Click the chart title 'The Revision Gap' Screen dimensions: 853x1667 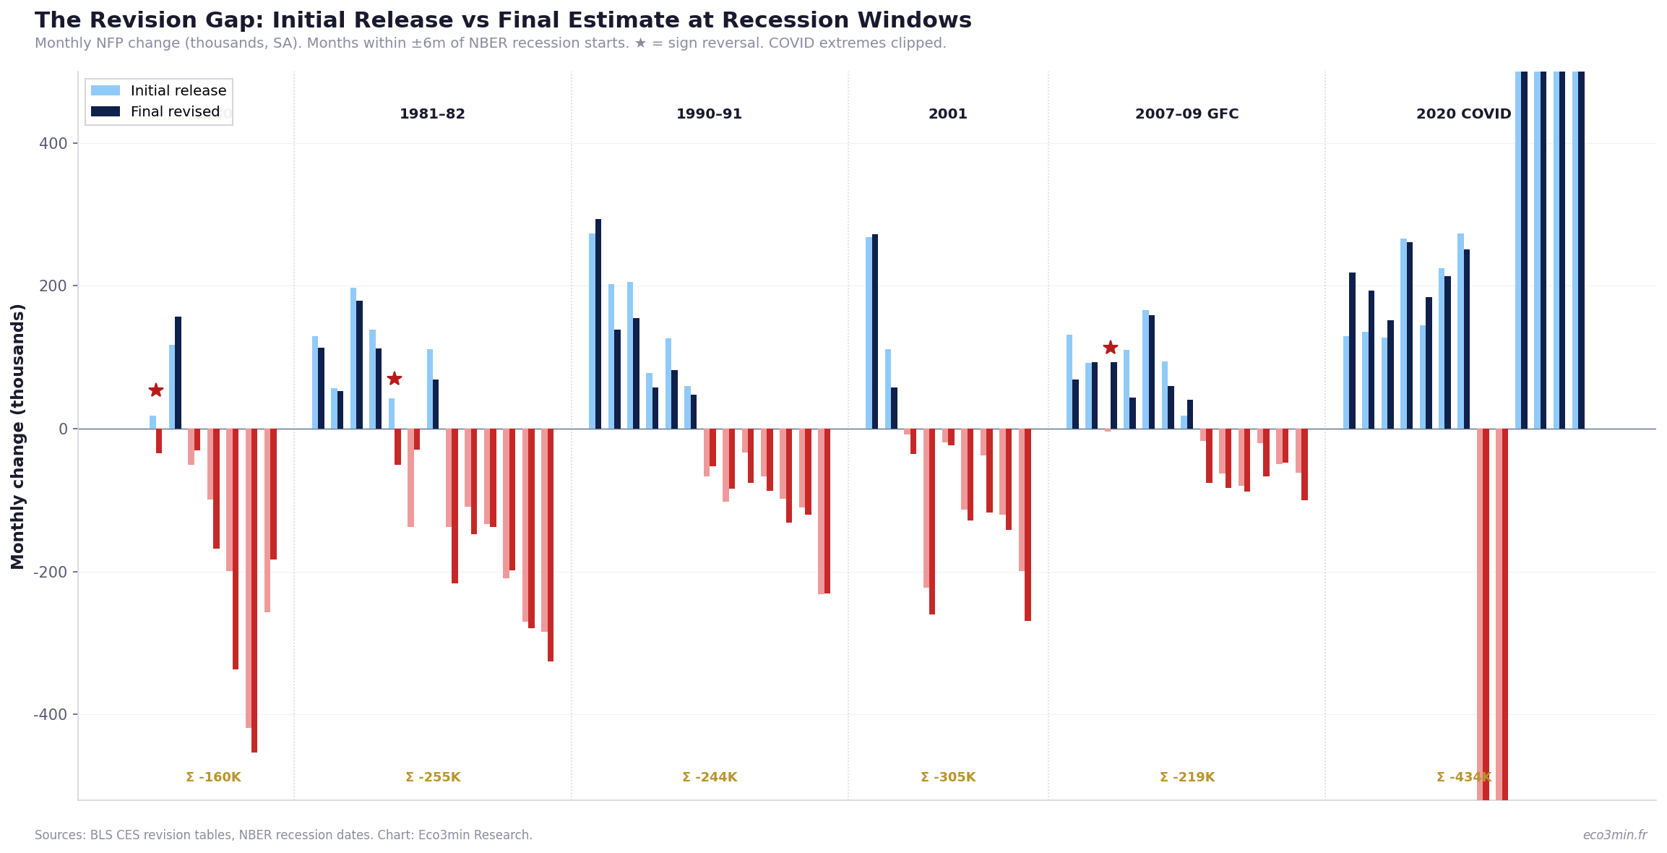coord(503,21)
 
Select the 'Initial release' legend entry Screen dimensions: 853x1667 coord(178,91)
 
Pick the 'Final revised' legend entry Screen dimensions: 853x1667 coord(175,112)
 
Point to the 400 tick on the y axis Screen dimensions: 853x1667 coord(55,144)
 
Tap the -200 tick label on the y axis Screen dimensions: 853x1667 coord(50,572)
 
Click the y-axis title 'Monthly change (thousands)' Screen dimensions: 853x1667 coord(18,436)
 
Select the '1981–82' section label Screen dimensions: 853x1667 coord(432,114)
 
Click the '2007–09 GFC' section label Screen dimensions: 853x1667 coord(1186,114)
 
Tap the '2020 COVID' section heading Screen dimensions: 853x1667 coord(1463,114)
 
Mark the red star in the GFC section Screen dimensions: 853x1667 coord(1111,348)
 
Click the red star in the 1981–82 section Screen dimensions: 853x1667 coord(394,379)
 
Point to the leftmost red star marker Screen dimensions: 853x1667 coord(156,390)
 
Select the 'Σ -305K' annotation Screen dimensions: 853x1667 coord(948,778)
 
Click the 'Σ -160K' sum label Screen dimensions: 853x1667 coord(213,778)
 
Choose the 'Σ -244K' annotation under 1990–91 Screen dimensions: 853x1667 coord(710,778)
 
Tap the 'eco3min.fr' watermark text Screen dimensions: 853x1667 coord(1614,835)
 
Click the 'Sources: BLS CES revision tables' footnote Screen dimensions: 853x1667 coord(283,835)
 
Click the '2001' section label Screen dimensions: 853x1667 coord(947,114)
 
